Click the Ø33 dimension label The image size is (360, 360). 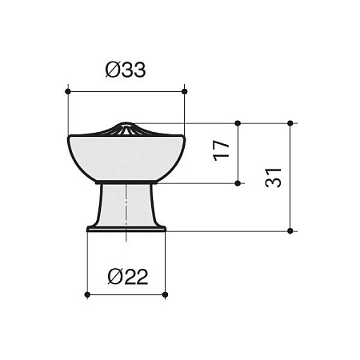click(126, 70)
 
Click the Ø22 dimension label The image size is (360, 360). click(128, 277)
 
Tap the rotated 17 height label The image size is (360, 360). click(222, 150)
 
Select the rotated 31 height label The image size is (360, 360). click(274, 178)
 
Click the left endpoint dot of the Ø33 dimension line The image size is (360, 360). click(68, 91)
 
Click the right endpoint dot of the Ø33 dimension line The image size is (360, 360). click(184, 91)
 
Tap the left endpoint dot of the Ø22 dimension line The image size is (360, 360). click(87, 294)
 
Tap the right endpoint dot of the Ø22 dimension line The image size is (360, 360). click(165, 294)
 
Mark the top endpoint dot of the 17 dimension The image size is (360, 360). click(238, 123)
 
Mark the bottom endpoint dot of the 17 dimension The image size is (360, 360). click(238, 183)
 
